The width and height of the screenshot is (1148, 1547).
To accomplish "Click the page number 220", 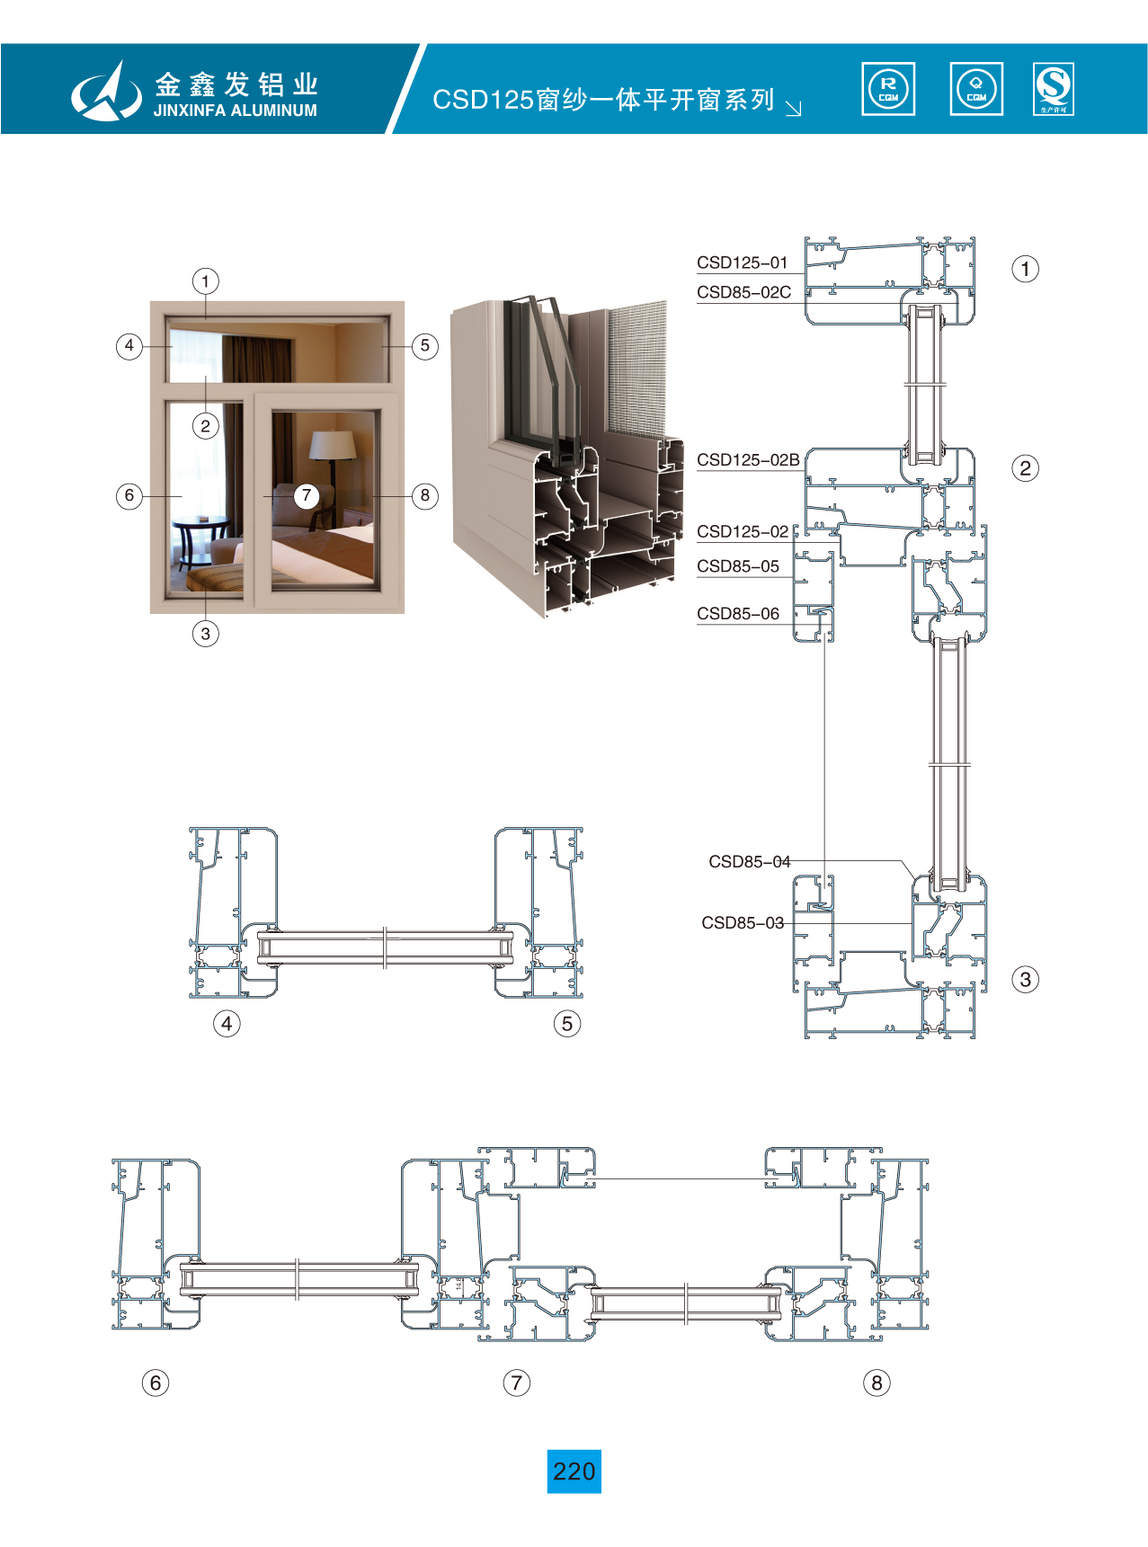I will click(x=574, y=1471).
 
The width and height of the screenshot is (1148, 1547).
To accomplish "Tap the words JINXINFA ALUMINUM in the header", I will click(x=235, y=111).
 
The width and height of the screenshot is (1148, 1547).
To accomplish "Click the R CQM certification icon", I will click(x=888, y=89).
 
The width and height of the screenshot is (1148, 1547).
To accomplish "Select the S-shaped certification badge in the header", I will click(x=1054, y=89).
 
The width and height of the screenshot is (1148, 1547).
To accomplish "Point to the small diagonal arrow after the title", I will click(x=793, y=109).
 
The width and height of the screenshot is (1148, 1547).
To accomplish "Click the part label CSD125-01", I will click(x=742, y=262).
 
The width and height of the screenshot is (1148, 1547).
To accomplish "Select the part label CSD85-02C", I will click(x=743, y=292).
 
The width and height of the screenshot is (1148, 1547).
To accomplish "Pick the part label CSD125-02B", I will click(x=748, y=459).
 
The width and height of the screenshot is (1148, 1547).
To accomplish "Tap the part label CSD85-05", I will click(x=738, y=566).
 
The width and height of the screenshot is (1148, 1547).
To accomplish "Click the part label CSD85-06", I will click(x=738, y=614).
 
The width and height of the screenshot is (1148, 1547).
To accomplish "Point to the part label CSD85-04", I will click(x=749, y=861).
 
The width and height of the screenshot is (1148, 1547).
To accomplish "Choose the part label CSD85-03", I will click(x=743, y=922).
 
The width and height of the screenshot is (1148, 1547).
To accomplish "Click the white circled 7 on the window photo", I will click(x=307, y=495).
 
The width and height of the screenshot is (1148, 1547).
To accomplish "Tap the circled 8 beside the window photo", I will click(x=425, y=495).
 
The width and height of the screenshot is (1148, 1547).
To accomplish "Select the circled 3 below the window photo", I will click(x=206, y=634).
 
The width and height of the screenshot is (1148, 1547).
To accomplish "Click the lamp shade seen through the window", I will click(x=333, y=444).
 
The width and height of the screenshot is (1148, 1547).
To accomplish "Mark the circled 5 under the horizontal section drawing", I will click(x=567, y=1023).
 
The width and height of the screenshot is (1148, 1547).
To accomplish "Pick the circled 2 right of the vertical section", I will click(x=1025, y=468).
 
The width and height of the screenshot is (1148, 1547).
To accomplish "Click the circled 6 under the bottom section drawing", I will click(x=156, y=1383).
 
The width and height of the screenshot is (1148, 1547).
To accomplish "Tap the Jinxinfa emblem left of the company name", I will click(x=106, y=91).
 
